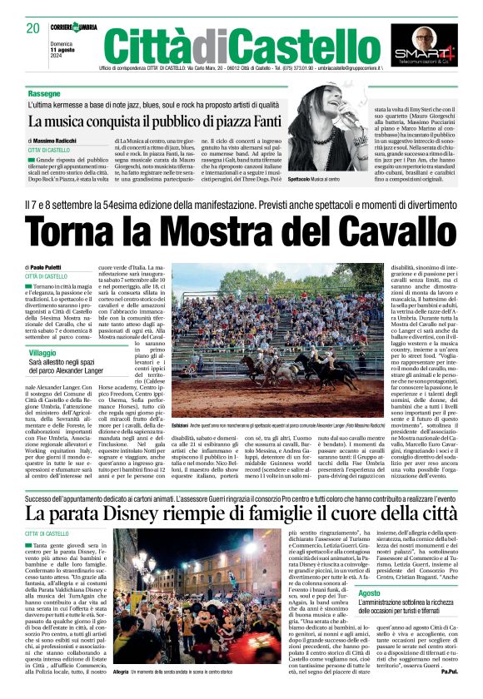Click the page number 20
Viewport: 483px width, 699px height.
pos(32,28)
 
